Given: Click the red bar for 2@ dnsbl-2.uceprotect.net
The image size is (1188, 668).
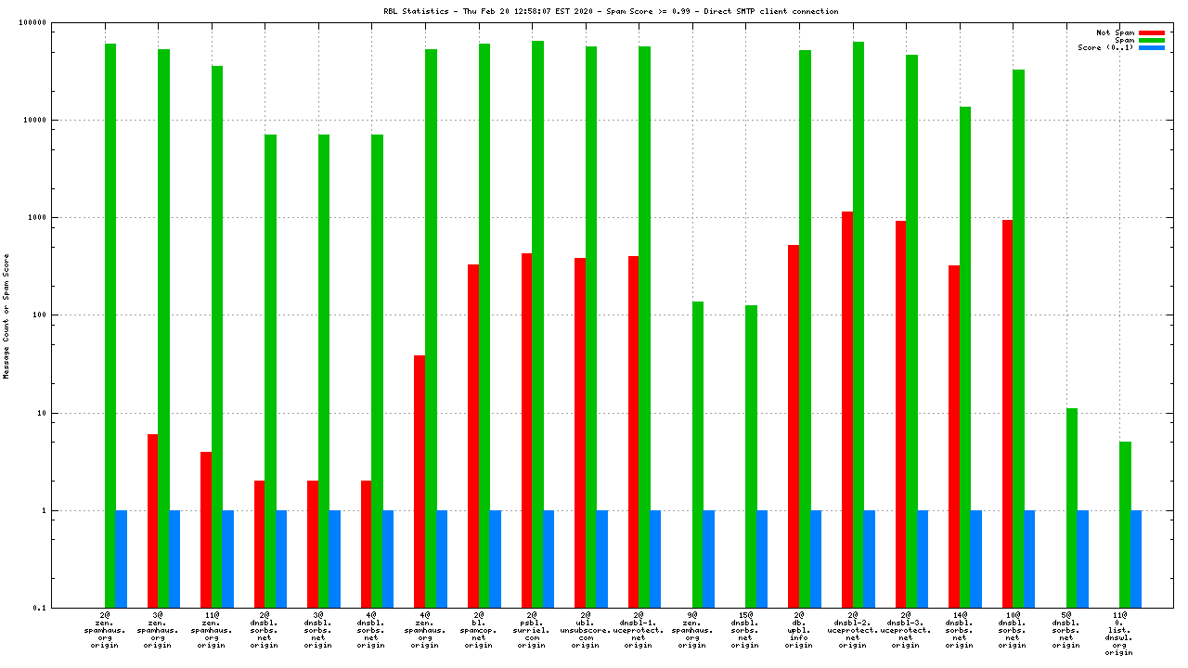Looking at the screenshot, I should click(x=847, y=409).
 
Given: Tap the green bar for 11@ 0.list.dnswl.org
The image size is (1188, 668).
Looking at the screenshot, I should click(x=1125, y=524).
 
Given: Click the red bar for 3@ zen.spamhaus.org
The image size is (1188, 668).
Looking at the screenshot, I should click(x=152, y=520).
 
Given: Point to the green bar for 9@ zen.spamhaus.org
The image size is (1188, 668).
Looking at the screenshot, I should click(x=698, y=455).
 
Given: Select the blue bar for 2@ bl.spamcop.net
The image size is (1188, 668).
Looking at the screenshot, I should click(x=495, y=559).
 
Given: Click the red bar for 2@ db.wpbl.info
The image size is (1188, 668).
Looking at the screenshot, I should click(x=794, y=426).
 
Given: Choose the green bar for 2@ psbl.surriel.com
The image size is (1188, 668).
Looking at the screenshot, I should click(x=537, y=324).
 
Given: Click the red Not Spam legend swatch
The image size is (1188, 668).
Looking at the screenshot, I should click(x=1151, y=32).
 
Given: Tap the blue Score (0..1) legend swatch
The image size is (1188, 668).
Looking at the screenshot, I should click(x=1151, y=47).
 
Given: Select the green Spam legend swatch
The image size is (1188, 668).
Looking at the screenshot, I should click(x=1151, y=40).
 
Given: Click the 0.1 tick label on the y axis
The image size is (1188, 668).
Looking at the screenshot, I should click(x=66, y=608).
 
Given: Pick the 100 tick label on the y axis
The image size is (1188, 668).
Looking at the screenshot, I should click(x=64, y=315).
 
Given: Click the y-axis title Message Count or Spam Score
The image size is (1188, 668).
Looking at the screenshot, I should click(x=6, y=315).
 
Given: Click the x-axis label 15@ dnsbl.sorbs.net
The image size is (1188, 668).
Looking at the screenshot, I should click(x=745, y=629).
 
